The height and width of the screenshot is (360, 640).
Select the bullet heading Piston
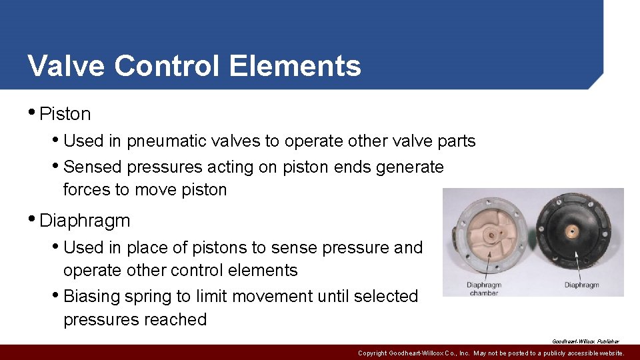(65, 114)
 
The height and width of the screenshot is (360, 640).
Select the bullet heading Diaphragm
(85, 220)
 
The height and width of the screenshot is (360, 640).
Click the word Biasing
(94, 296)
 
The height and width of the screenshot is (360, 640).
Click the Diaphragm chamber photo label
(483, 289)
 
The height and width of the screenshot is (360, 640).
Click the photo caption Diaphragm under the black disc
(581, 285)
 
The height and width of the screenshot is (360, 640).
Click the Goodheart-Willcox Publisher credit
(585, 341)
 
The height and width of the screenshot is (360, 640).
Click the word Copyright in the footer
(377, 353)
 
